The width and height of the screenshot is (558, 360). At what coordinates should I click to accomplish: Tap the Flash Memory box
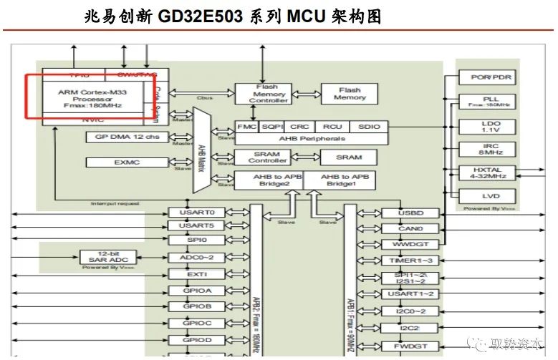pos(350,94)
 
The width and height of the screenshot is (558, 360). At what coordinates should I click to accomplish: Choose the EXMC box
pos(128,162)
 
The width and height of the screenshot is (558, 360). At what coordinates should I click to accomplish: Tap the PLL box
pos(490,102)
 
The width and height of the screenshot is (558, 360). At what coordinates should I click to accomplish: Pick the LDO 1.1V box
pos(490,127)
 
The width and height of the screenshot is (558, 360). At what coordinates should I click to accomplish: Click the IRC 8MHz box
pos(490,149)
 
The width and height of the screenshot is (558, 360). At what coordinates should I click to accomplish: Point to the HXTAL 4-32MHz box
pos(490,172)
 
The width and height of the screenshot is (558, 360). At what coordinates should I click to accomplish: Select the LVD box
pos(490,195)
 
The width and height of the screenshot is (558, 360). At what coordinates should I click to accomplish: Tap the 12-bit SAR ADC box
pos(107,257)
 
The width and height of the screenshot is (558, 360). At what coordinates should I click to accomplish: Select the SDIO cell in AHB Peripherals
pos(370,127)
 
